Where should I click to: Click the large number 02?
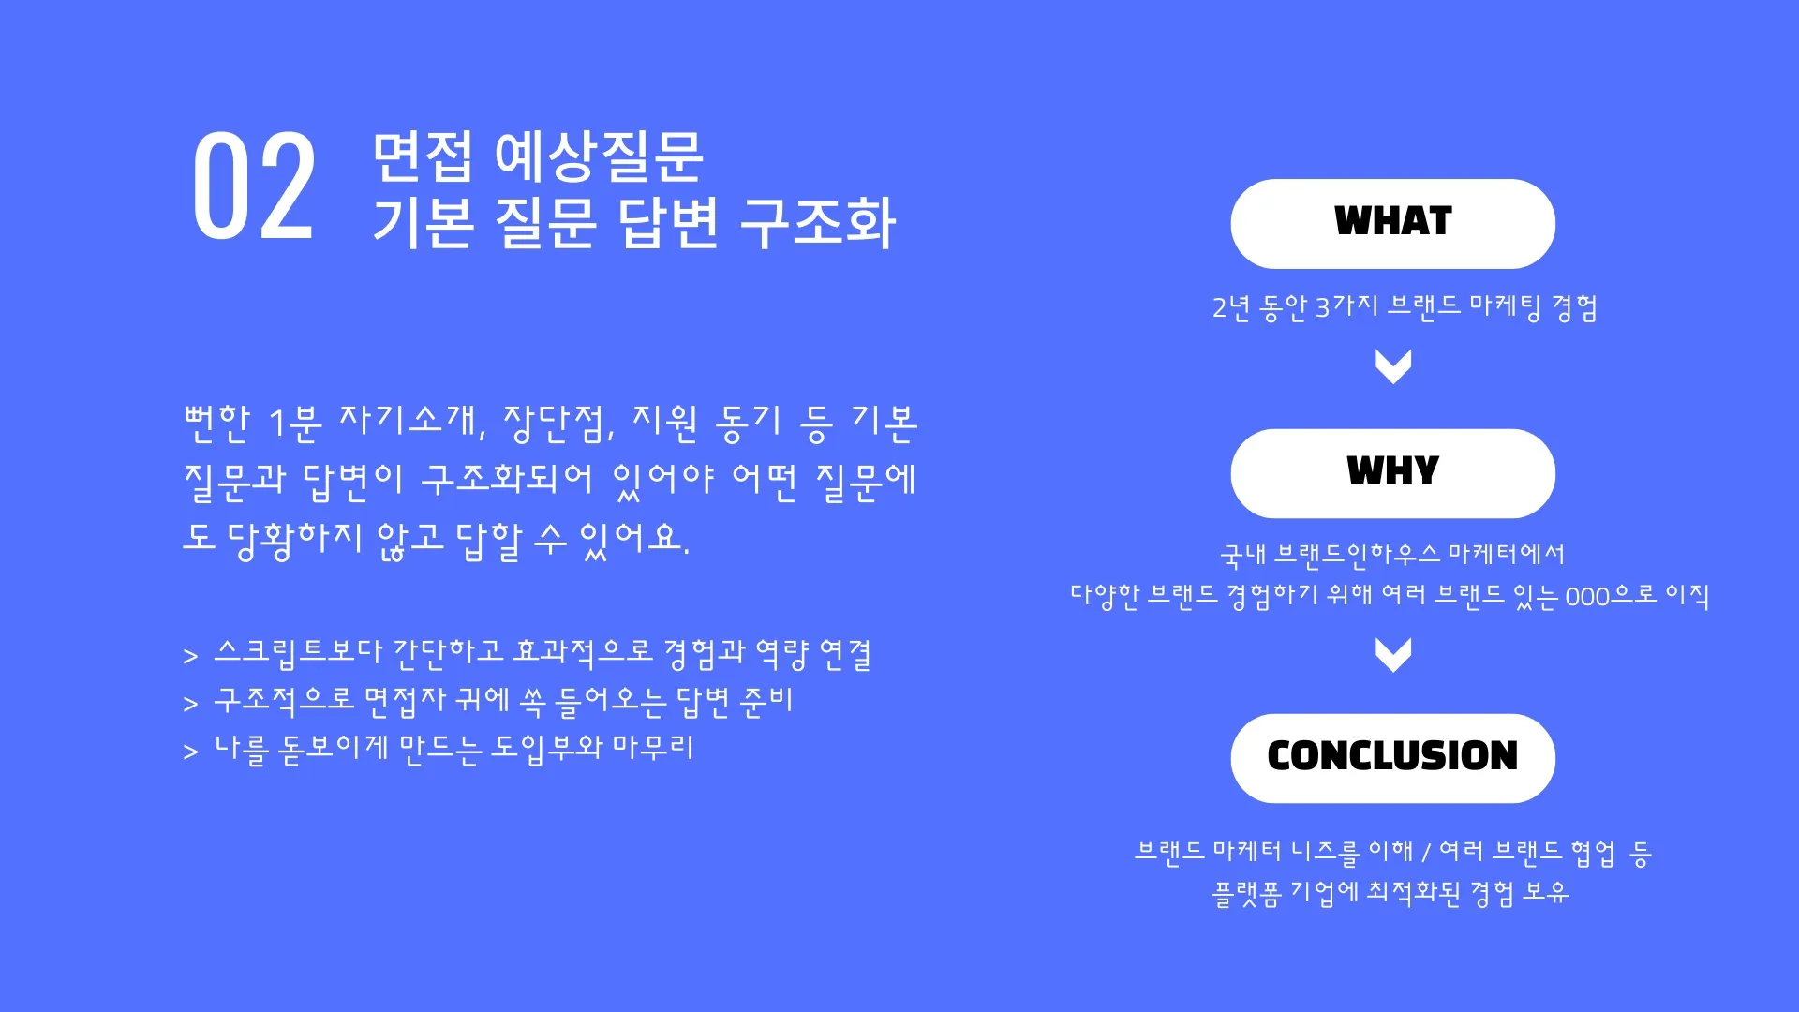(253, 186)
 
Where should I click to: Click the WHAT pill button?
(1392, 223)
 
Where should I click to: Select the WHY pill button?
(1392, 473)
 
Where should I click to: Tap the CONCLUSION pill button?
(1392, 757)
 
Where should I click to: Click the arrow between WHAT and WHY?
(1392, 365)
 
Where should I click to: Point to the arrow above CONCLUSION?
(1392, 654)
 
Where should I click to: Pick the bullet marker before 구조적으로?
(191, 704)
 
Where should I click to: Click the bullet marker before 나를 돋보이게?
(191, 752)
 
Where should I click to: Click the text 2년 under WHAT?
(1231, 307)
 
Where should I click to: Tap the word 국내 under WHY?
(1242, 555)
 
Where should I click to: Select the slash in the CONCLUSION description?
(1426, 853)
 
